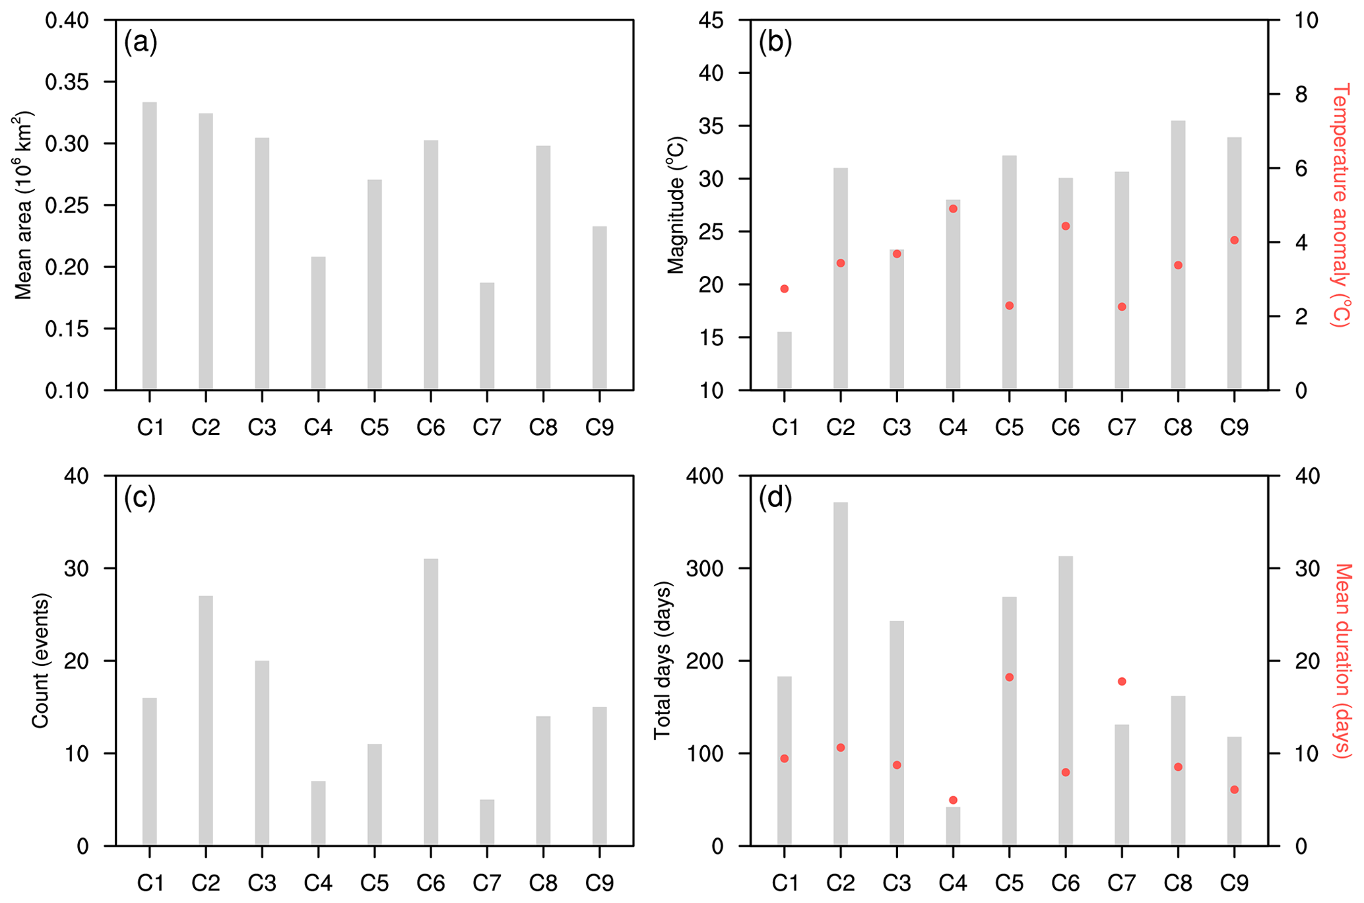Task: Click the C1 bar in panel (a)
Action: [150, 246]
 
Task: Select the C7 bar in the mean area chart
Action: [487, 336]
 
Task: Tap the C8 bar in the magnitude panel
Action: [1178, 255]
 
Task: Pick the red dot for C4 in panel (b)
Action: [953, 209]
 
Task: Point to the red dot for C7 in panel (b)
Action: [1122, 307]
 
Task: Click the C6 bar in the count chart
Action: [431, 702]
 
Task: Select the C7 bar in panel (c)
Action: [487, 822]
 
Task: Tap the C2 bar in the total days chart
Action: [841, 673]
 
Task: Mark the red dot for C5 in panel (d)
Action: [1009, 677]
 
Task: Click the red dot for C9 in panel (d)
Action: [1234, 789]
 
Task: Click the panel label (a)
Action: [141, 43]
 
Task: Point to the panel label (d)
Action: [775, 498]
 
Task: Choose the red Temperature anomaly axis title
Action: [1340, 205]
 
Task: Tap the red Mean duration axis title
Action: [1342, 660]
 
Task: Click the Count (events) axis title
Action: [41, 660]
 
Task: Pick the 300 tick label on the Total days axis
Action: [703, 568]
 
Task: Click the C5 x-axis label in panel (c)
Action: [374, 883]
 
